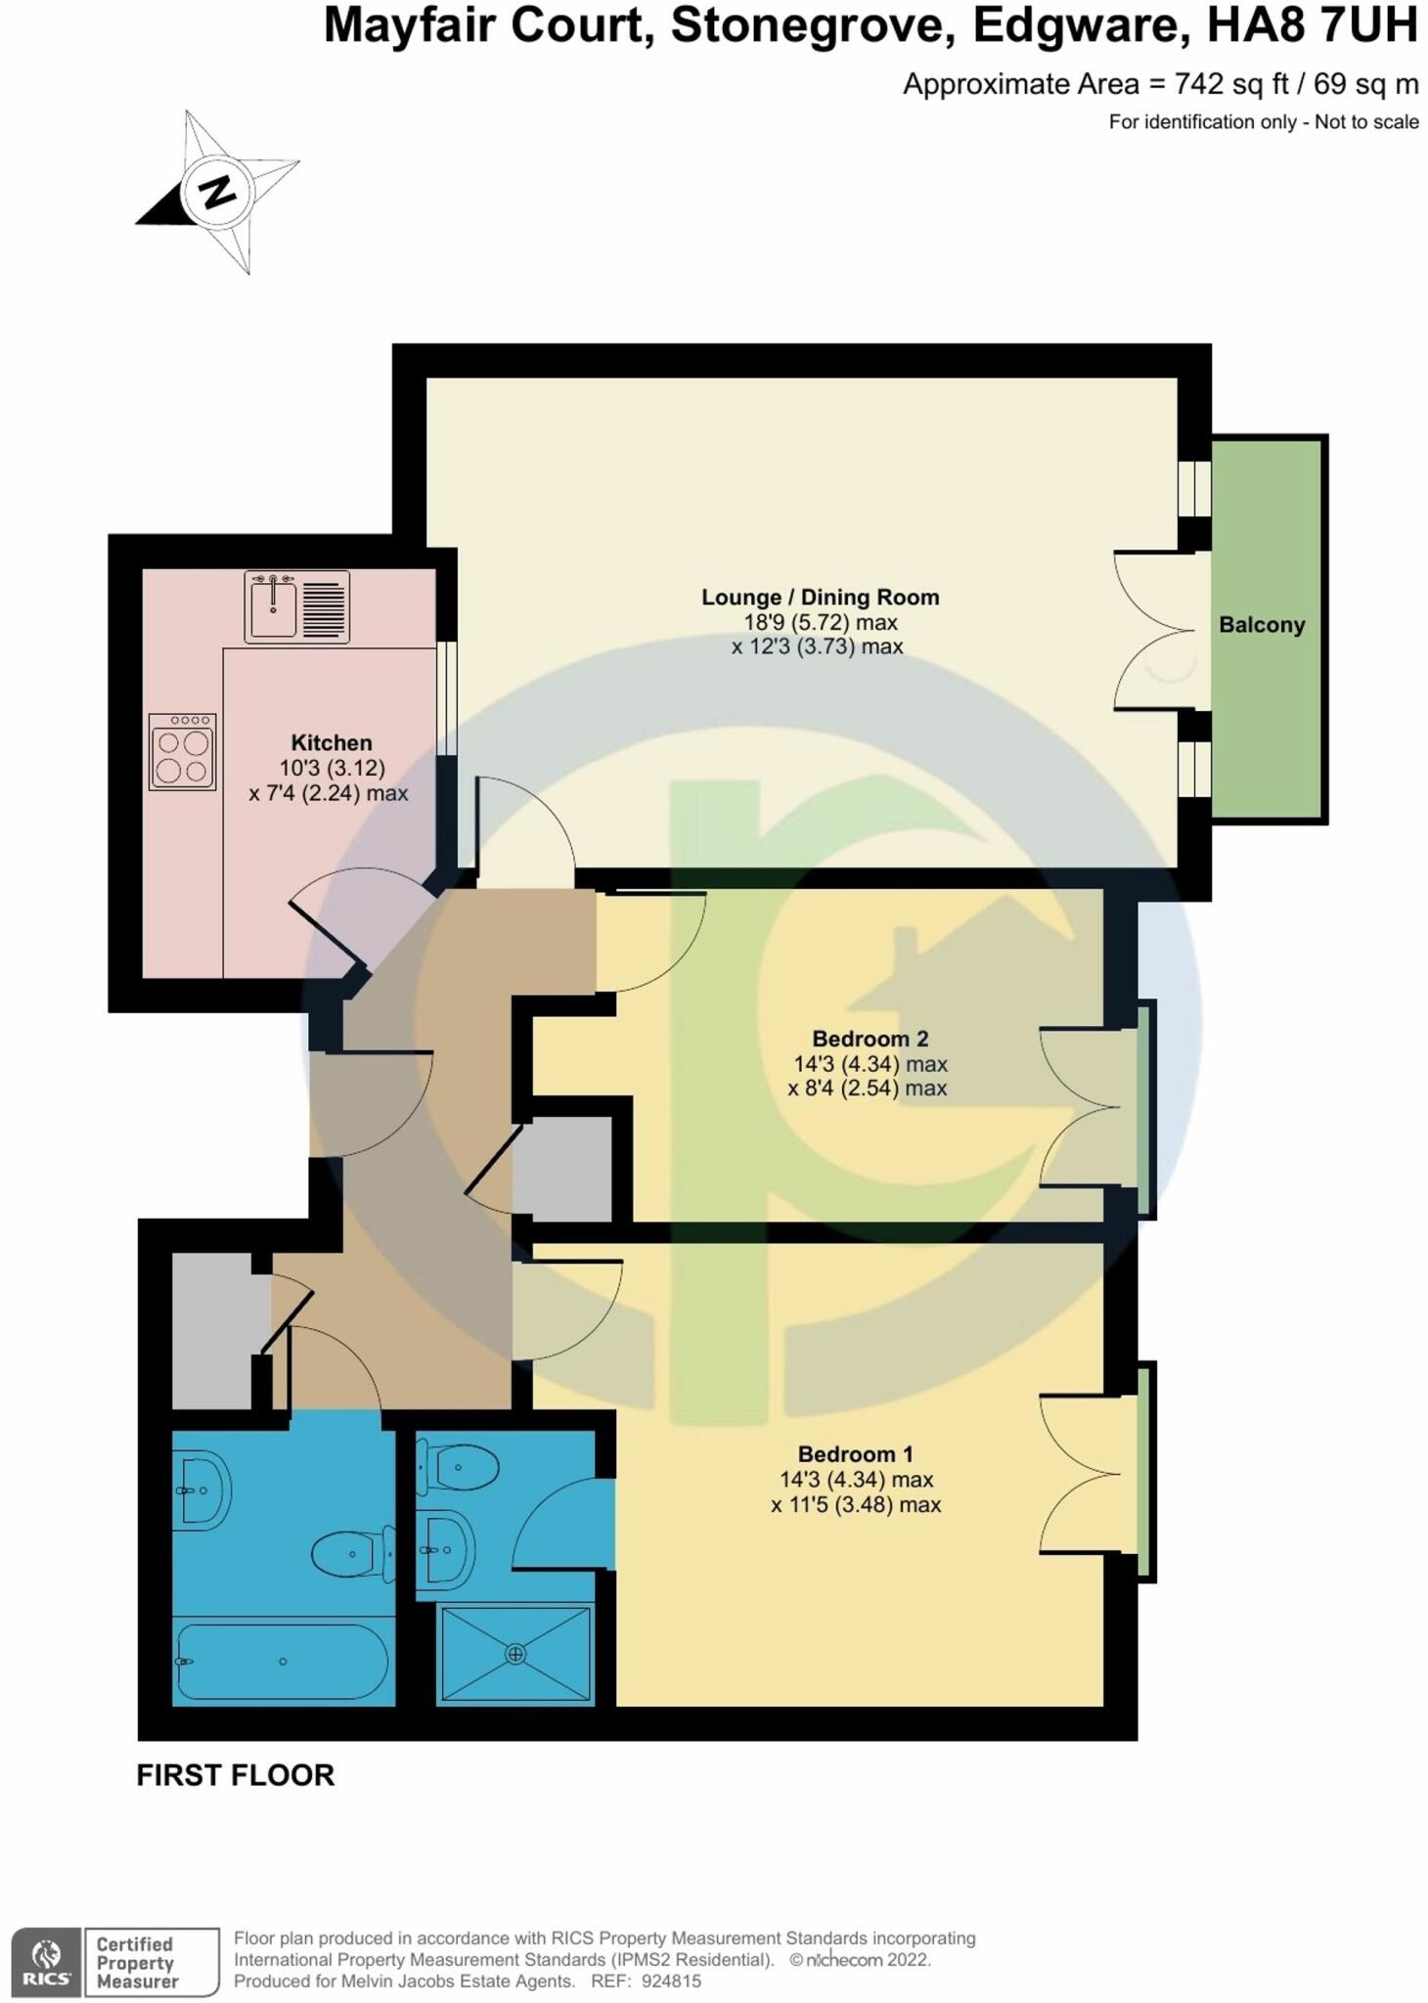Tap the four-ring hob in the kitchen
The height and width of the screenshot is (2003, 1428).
[x=182, y=752]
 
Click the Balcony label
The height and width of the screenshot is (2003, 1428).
[x=1261, y=625]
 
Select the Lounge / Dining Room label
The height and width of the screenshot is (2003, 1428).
[x=820, y=598]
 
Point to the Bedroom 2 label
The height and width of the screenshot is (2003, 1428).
[x=870, y=1039]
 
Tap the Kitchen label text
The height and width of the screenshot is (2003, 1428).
[x=332, y=743]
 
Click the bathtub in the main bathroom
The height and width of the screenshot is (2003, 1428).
[x=283, y=1661]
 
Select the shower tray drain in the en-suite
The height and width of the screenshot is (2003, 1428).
[x=515, y=1654]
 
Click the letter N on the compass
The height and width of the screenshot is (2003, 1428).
[x=217, y=191]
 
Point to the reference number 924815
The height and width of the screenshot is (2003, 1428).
[x=671, y=1981]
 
